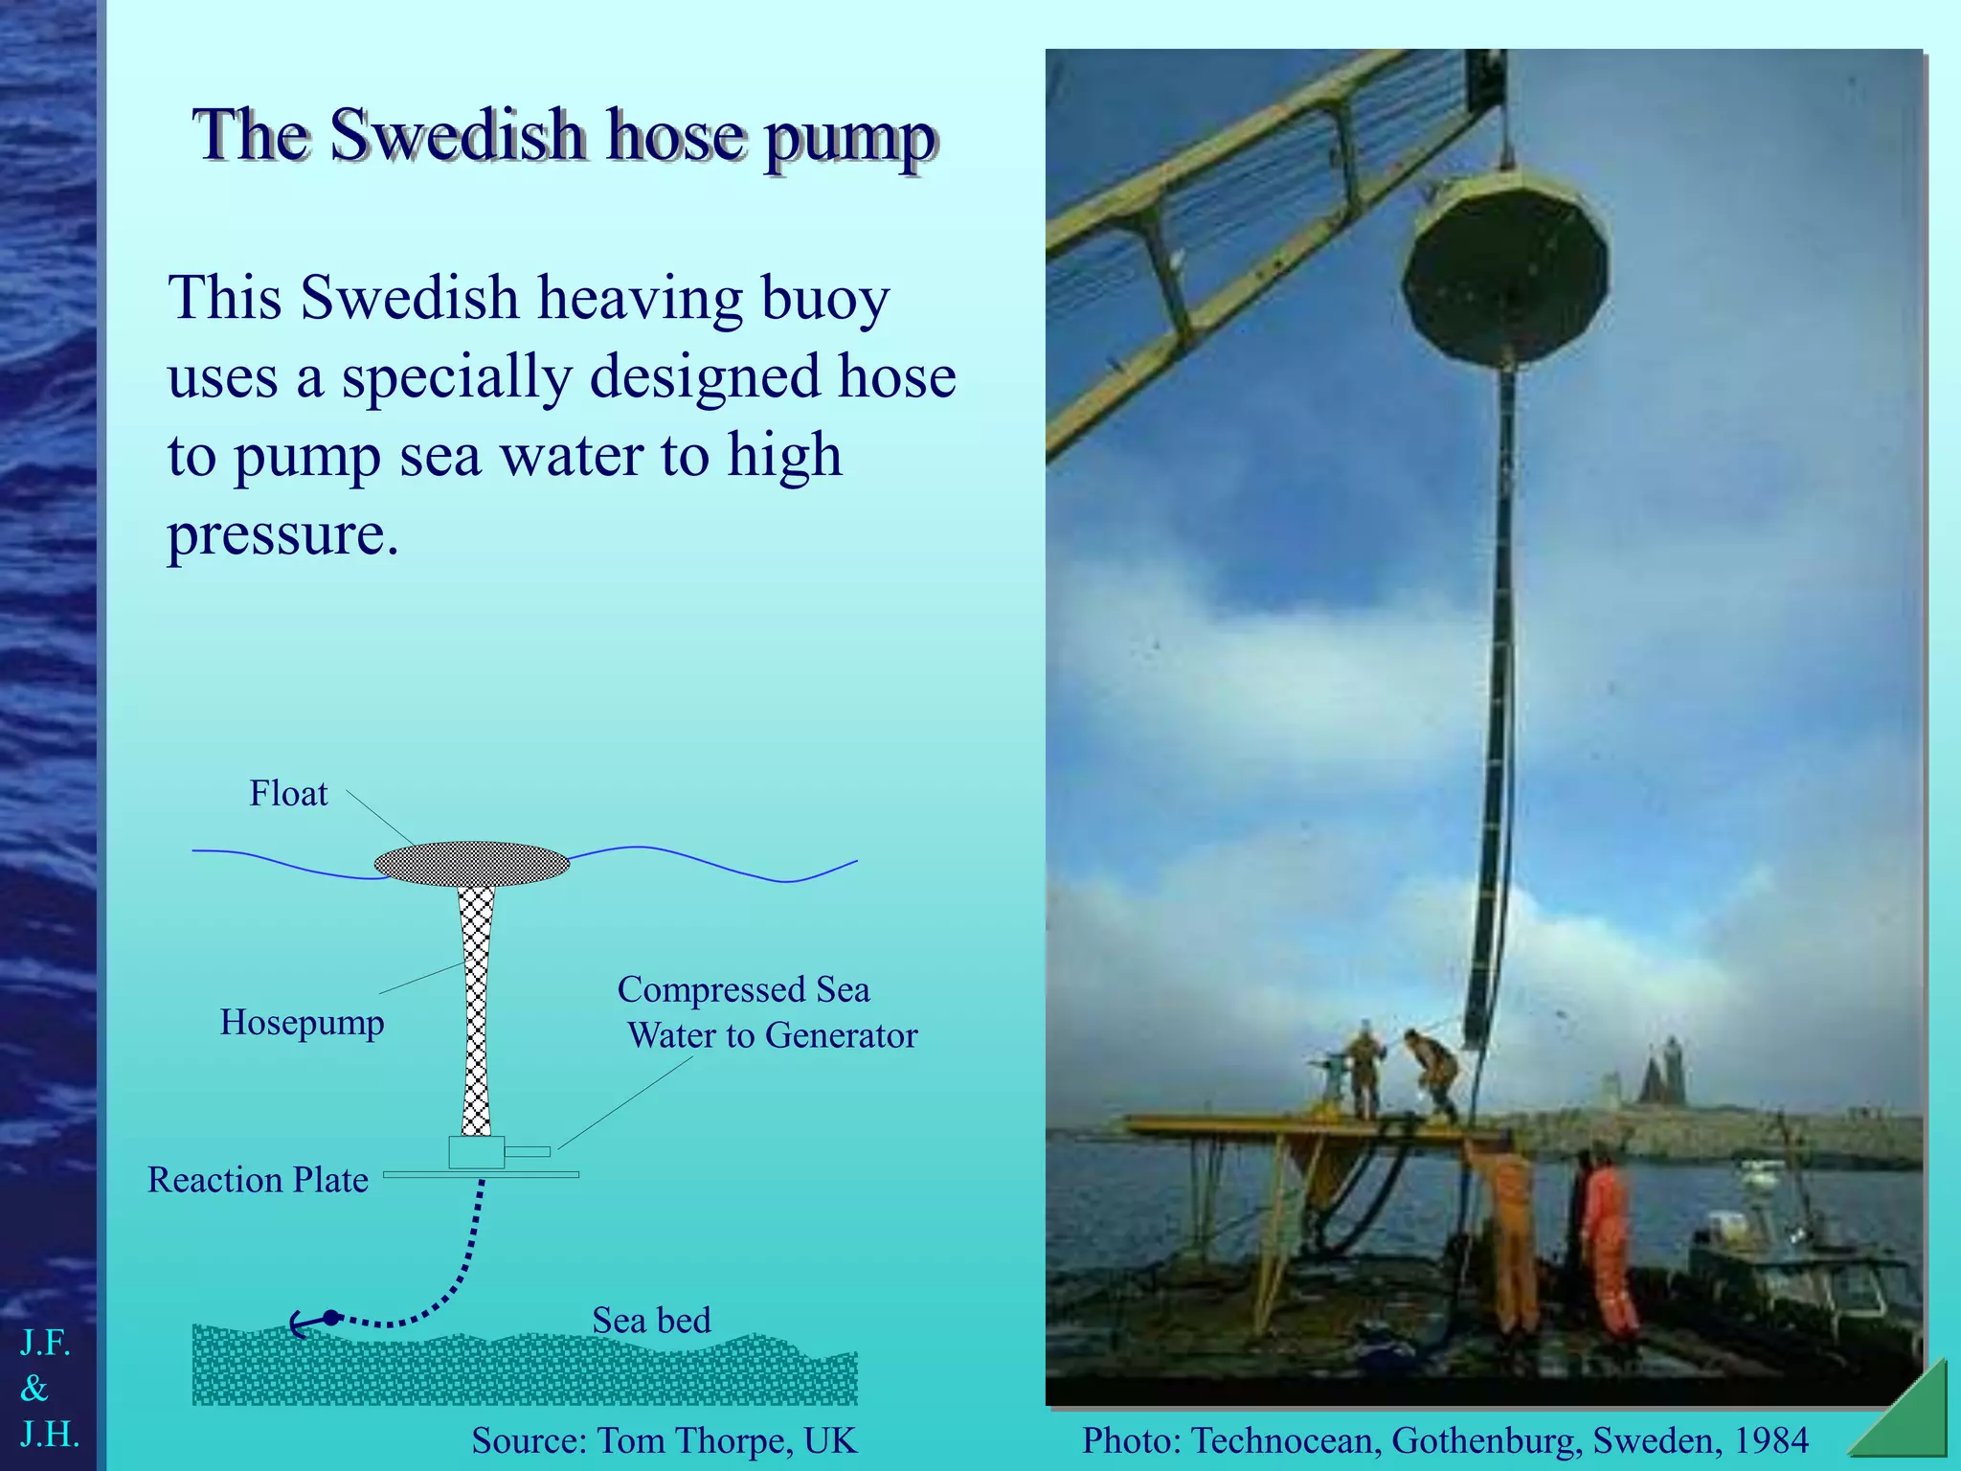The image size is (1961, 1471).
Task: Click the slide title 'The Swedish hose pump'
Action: (x=565, y=136)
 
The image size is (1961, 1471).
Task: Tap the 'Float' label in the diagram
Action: (x=288, y=794)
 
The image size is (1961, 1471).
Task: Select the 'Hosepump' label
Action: (x=302, y=1023)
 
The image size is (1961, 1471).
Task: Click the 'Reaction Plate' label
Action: (x=258, y=1180)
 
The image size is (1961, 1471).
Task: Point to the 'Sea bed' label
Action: (x=651, y=1321)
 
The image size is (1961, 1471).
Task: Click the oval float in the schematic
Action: (x=471, y=864)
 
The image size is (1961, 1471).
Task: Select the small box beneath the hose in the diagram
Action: (x=476, y=1152)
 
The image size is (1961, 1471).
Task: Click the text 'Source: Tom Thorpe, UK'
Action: (x=664, y=1440)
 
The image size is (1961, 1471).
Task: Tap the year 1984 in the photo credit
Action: (x=1770, y=1440)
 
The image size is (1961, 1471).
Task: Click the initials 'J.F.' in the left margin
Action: (x=45, y=1343)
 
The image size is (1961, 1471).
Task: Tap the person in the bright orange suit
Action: (x=1607, y=1245)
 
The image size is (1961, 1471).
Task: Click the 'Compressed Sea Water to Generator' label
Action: (x=766, y=1012)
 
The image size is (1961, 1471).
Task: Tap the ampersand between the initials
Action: (x=34, y=1388)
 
